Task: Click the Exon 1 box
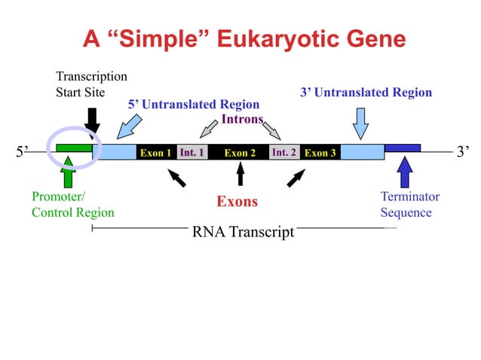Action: click(x=155, y=153)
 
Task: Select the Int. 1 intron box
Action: click(x=192, y=153)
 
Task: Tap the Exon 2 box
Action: click(x=240, y=153)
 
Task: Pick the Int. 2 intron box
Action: click(x=284, y=153)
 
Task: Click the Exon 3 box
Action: click(x=320, y=153)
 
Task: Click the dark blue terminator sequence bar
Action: click(x=403, y=148)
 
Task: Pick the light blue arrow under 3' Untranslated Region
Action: click(x=360, y=123)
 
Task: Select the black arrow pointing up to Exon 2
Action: click(x=240, y=174)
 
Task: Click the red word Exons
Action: click(x=237, y=202)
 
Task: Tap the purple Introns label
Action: click(x=242, y=119)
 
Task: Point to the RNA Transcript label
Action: click(x=243, y=232)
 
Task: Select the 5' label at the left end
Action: click(x=22, y=153)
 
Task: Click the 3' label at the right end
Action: click(x=464, y=153)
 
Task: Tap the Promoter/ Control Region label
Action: click(x=72, y=204)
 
